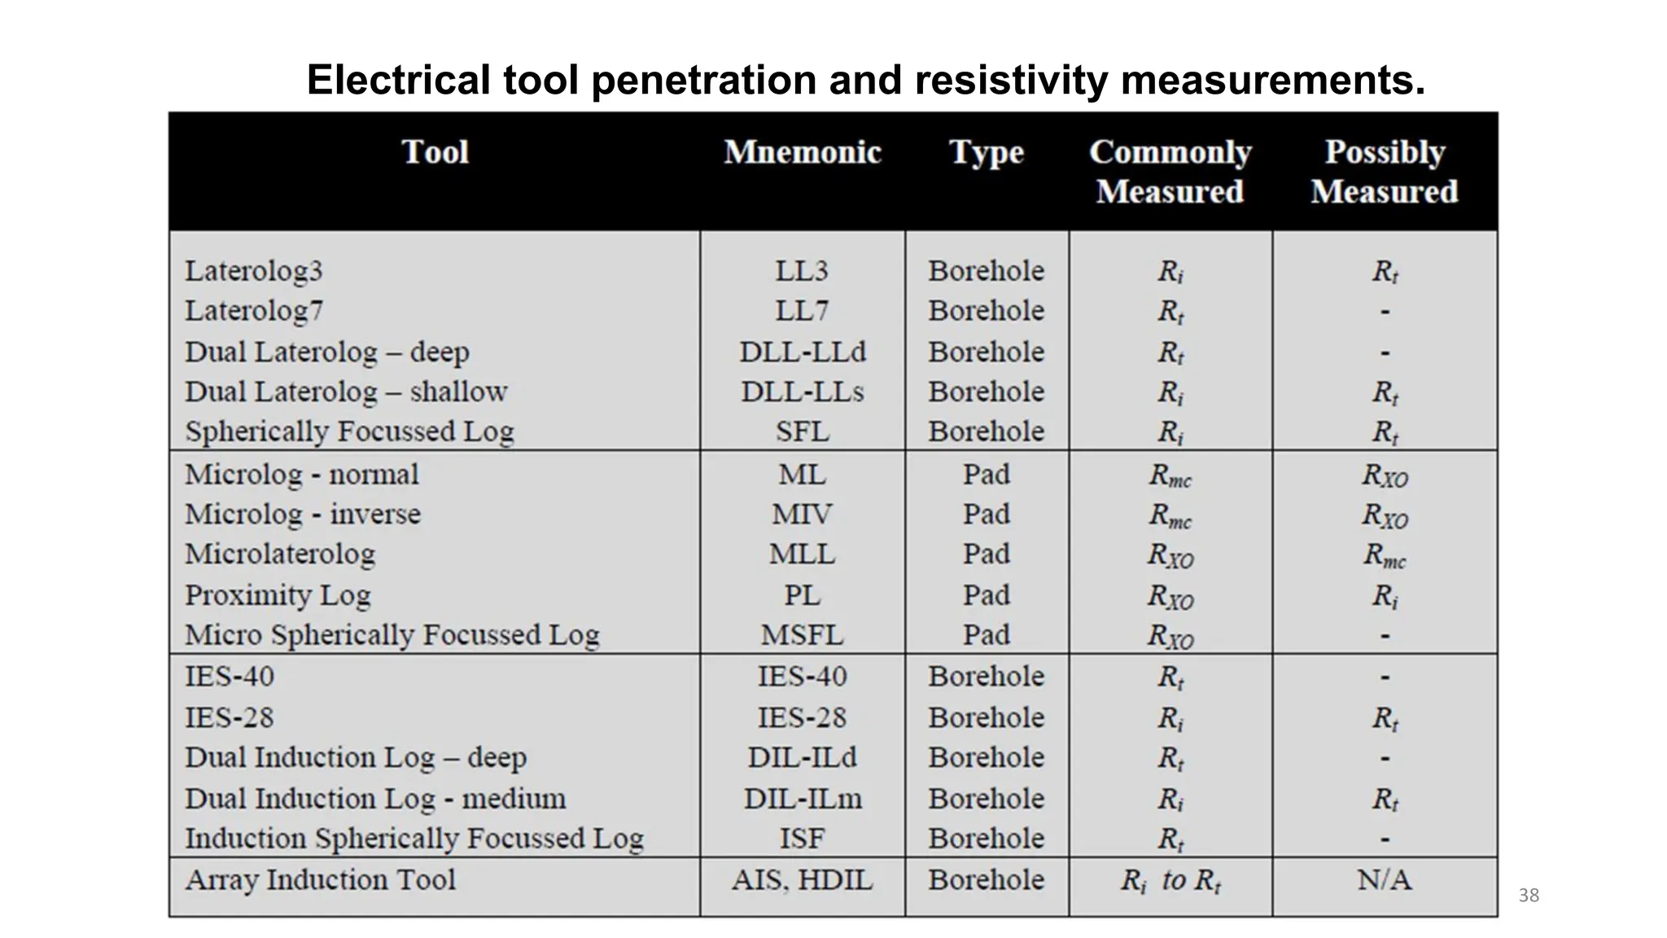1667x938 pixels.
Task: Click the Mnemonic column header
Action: [x=802, y=152]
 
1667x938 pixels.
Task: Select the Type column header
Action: [x=986, y=152]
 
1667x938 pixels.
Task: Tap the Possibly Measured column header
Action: [x=1384, y=172]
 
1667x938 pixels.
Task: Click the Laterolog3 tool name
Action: [x=254, y=271]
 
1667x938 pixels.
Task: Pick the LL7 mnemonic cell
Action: [x=802, y=311]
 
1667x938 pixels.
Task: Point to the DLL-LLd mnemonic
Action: [x=802, y=352]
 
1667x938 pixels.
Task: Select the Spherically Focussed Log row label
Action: [x=349, y=432]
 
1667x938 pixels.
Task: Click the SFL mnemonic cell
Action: [x=802, y=432]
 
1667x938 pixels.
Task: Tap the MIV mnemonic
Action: [x=802, y=515]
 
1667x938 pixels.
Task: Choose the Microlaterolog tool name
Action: [x=280, y=554]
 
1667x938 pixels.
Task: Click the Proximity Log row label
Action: [x=278, y=595]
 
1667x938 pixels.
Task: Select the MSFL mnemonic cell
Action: [x=802, y=635]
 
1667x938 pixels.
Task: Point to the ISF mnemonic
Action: [x=802, y=839]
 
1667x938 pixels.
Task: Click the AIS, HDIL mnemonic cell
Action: [x=802, y=880]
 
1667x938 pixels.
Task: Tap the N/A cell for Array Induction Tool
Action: [x=1384, y=880]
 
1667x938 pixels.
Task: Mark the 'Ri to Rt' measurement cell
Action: [x=1170, y=880]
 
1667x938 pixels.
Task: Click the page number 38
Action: [x=1529, y=896]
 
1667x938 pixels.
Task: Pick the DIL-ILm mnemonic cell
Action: [x=802, y=799]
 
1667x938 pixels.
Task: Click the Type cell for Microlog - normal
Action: [x=986, y=475]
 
